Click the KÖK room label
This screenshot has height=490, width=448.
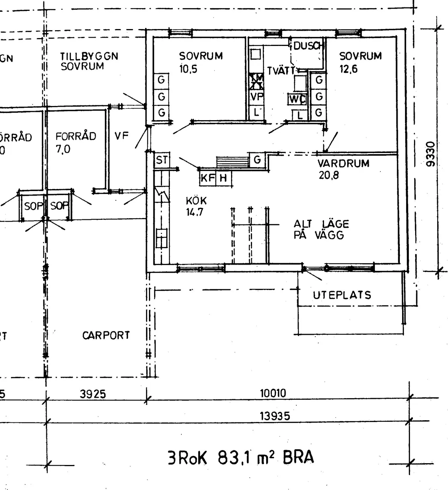196,201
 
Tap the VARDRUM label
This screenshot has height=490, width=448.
343,163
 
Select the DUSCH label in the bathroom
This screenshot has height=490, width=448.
308,46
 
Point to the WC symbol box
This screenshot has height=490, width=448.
297,99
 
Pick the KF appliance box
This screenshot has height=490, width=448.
208,178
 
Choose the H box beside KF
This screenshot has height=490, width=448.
223,178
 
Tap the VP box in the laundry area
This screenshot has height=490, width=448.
256,97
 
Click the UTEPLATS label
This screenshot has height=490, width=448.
342,295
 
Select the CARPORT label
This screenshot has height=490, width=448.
106,335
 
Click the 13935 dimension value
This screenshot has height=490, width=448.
275,416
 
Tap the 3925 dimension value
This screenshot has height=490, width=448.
93,394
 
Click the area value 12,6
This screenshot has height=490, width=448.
348,69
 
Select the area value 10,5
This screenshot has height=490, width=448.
188,69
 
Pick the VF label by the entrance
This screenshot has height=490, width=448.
121,136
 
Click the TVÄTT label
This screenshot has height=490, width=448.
281,71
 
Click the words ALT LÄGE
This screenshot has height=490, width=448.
321,224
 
